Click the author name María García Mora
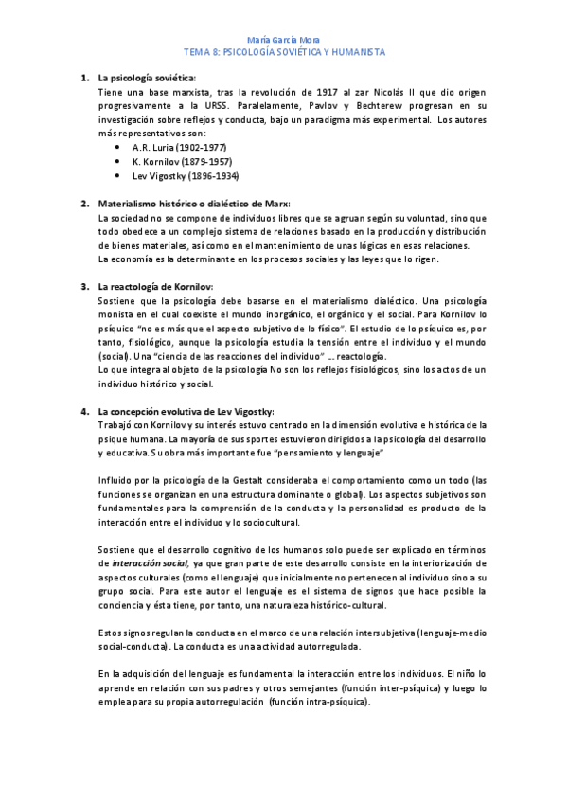pyautogui.click(x=283, y=40)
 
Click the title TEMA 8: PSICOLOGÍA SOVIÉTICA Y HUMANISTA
pyautogui.click(x=283, y=52)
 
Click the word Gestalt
pyautogui.click(x=243, y=481)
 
